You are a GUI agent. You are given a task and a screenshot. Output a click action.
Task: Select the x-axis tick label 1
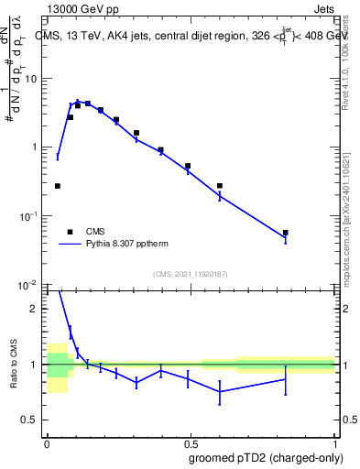(x=333, y=440)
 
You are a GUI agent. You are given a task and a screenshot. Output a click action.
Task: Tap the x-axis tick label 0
(x=47, y=440)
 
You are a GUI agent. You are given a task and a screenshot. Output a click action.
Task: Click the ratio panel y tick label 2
(x=36, y=309)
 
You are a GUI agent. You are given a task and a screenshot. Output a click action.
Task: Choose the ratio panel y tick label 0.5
(x=31, y=420)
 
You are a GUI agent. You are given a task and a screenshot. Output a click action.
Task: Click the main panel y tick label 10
(x=32, y=78)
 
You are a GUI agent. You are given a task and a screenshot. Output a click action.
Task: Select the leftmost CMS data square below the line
(x=58, y=186)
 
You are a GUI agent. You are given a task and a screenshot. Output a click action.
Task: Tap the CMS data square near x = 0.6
(x=220, y=186)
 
